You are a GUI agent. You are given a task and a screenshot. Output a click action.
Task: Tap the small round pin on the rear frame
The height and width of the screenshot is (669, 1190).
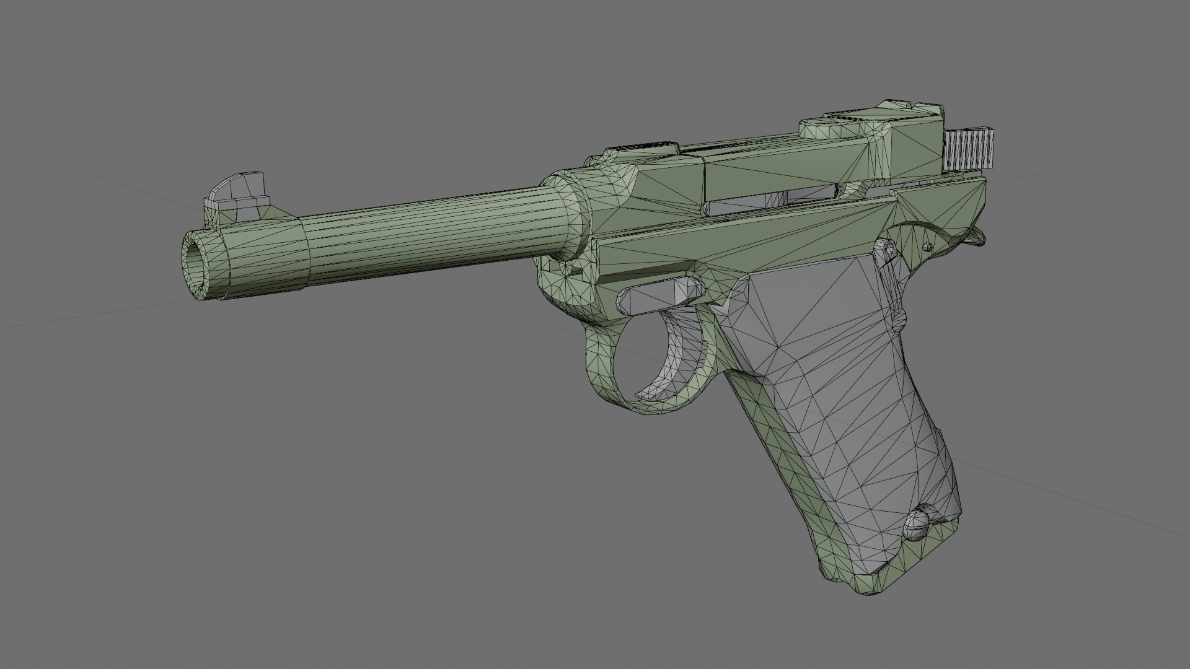pyautogui.click(x=927, y=247)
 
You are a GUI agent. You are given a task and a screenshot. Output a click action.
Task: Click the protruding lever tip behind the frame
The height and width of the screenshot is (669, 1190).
pyautogui.click(x=977, y=236)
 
